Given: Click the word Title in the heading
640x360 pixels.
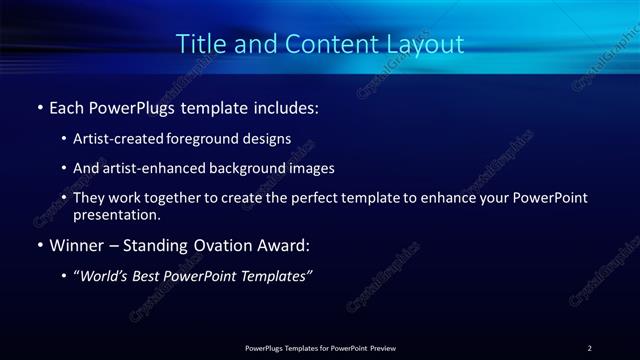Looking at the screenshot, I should (198, 45).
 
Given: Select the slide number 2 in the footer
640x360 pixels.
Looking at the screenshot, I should (589, 348).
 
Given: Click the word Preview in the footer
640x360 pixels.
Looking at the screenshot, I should (383, 348).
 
